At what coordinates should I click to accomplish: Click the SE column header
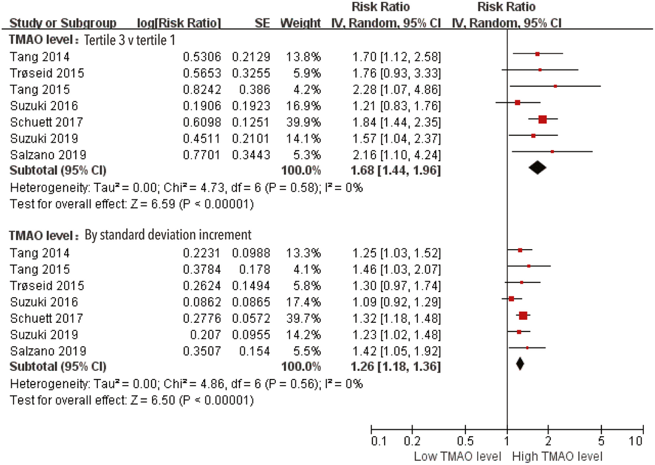(263, 24)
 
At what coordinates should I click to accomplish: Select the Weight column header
(300, 24)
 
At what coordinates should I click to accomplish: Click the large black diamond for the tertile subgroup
(537, 168)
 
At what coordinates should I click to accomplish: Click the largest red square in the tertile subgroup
(542, 119)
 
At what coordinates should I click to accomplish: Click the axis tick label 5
(601, 441)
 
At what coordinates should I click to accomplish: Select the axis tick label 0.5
(465, 441)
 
